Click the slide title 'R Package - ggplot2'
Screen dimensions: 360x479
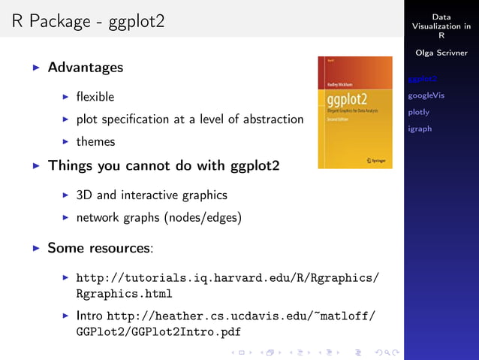88,23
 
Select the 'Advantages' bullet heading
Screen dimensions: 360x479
85,68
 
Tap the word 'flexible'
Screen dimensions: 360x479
95,97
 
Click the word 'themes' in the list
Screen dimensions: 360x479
95,141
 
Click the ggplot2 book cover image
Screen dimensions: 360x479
354,112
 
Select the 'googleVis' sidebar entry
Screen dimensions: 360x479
426,95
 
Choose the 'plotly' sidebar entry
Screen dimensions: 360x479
418,112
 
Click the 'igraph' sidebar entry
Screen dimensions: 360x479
420,129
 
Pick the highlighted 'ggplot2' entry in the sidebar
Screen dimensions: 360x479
422,79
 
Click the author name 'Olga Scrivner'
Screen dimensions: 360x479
441,53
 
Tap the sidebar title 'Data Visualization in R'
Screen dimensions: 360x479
441,26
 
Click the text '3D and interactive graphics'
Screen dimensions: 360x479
151,195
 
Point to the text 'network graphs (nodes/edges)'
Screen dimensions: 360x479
158,218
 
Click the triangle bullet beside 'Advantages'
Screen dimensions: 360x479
36,68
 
